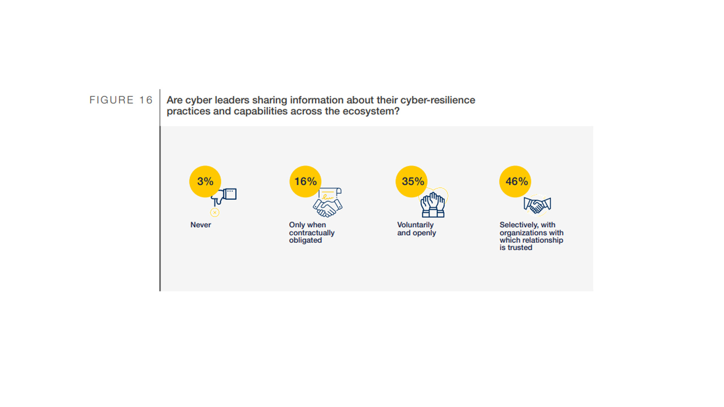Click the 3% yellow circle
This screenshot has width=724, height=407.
(x=205, y=181)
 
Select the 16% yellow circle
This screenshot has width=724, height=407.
(x=305, y=181)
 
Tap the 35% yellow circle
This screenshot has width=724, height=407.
(x=412, y=181)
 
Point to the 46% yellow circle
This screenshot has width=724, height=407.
(x=515, y=181)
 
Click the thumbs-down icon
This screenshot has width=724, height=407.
(x=224, y=197)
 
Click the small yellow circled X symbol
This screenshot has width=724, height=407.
(x=215, y=213)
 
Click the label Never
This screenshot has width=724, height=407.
(x=201, y=225)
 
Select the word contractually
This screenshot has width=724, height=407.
(x=312, y=233)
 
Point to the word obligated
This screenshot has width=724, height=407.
(x=305, y=240)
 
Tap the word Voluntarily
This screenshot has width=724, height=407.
(x=415, y=225)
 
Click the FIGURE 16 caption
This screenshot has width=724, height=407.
(x=121, y=100)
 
